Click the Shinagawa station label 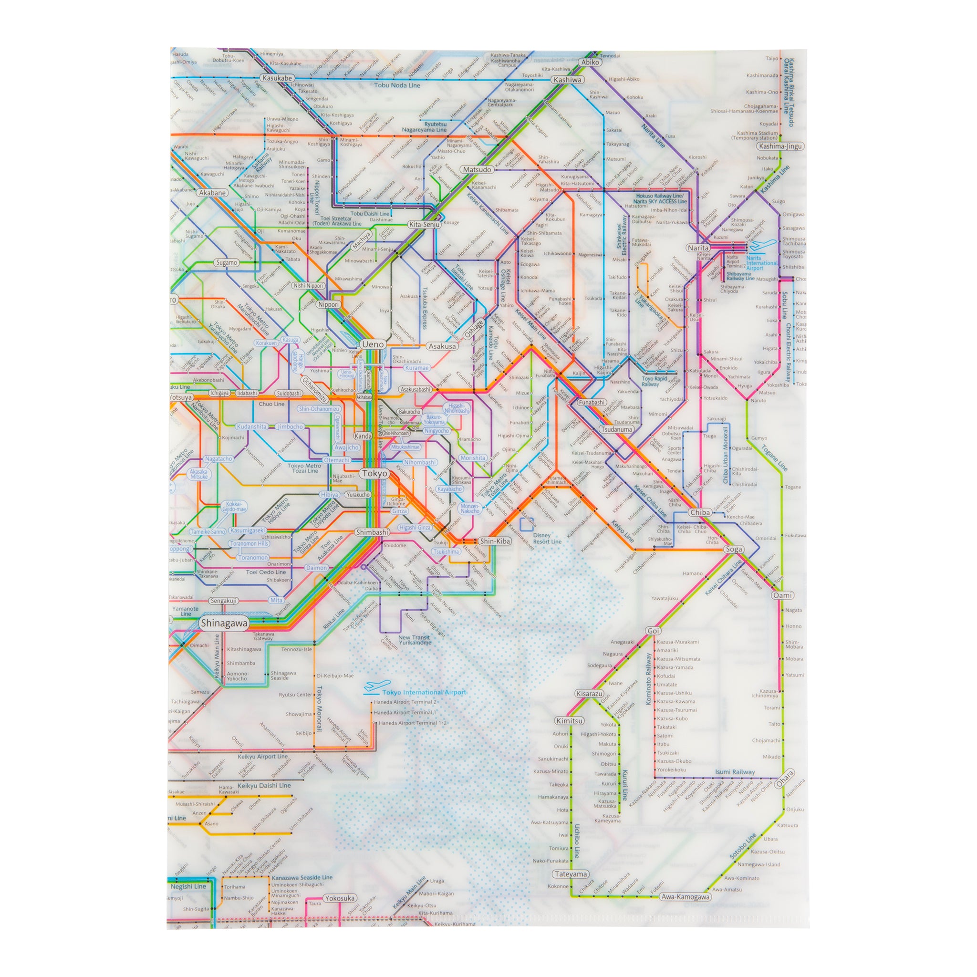click(x=224, y=623)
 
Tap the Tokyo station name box click(x=374, y=473)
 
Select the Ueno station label click(x=373, y=344)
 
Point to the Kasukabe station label click(x=277, y=78)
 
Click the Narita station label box click(x=698, y=248)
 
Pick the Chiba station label click(x=700, y=512)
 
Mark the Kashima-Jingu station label click(x=780, y=146)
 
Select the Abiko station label click(x=590, y=62)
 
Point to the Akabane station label click(x=212, y=193)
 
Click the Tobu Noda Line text click(x=397, y=85)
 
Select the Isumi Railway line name click(x=734, y=772)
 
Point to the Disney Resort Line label click(x=546, y=538)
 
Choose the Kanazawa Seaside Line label click(x=302, y=877)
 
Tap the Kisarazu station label click(x=589, y=694)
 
